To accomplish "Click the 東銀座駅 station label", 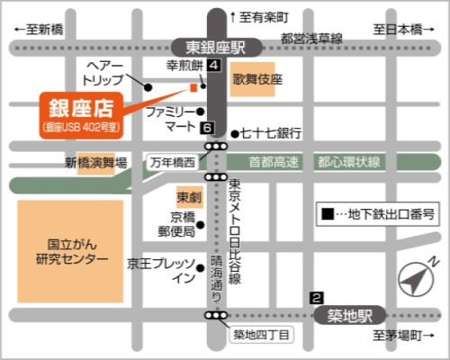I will coord(216,47).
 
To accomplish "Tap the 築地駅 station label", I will coord(350,315).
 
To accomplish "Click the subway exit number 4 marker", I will coord(212,66).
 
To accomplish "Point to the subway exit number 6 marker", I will coord(208,128).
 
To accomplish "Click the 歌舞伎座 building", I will coord(258,79).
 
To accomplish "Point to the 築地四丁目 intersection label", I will coord(261,336).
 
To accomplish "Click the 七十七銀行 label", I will coord(268,133).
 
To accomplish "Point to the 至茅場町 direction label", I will coord(398,335).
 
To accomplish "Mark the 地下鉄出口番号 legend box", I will coord(379,214).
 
